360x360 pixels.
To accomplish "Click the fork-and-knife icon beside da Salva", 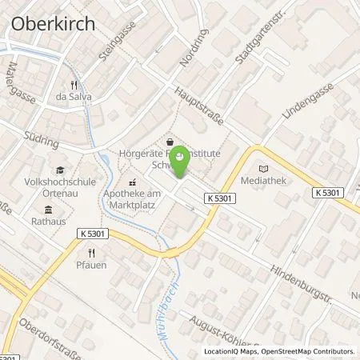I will tap(74, 84).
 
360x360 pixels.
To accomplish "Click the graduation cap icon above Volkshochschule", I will tap(59, 170).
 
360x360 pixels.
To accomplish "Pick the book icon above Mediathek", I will tap(266, 168).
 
